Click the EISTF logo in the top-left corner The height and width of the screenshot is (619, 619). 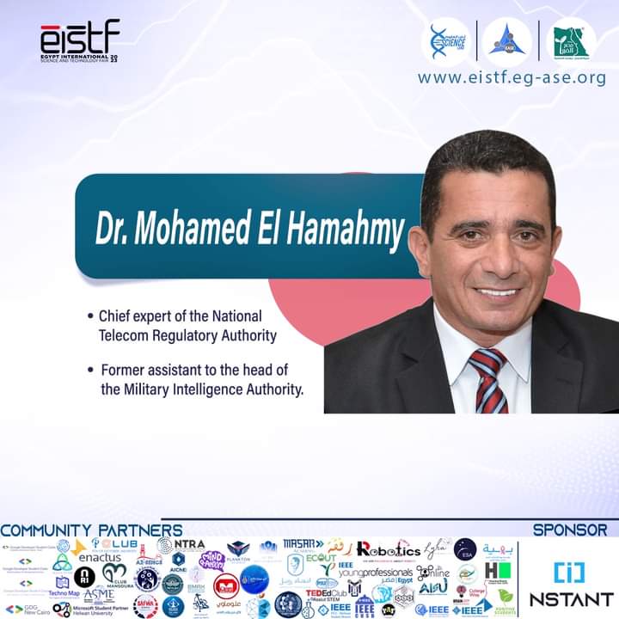[x=79, y=40]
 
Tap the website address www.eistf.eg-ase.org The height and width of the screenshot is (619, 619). [x=512, y=78]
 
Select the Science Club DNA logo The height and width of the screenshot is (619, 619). [x=449, y=40]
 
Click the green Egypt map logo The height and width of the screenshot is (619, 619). [x=571, y=40]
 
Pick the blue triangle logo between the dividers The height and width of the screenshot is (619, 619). [x=507, y=40]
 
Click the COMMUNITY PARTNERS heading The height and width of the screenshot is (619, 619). [x=91, y=530]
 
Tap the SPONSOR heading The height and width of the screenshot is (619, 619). [x=569, y=530]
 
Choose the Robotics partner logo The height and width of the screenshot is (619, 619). [x=388, y=549]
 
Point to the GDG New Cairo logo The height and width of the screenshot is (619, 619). [x=26, y=609]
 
